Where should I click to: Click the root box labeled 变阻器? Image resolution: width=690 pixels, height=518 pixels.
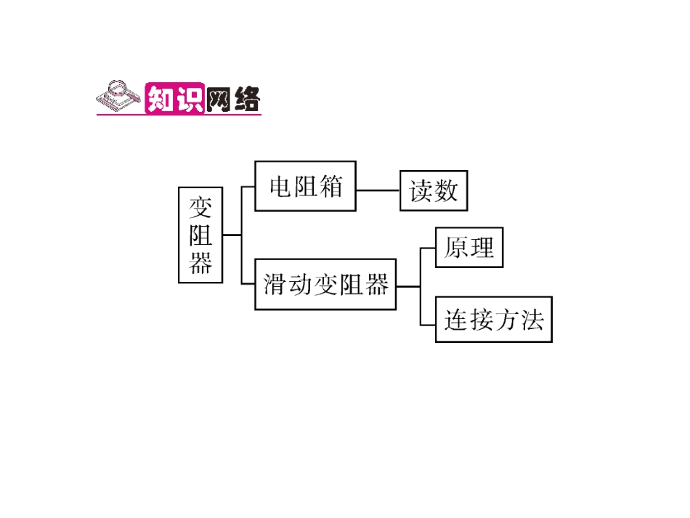coord(200,235)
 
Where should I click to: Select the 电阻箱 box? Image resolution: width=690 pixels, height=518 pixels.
coord(305,187)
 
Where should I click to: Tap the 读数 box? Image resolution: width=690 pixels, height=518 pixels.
coord(434,191)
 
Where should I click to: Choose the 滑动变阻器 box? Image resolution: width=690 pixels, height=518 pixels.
coord(325,285)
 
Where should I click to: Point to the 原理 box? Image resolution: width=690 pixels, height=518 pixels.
coord(468,248)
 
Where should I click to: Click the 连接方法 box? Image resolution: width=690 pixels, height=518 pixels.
coord(493,320)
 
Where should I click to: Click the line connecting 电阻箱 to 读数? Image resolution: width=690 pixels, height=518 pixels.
coord(378,190)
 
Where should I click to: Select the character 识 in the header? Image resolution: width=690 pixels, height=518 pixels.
coord(189,98)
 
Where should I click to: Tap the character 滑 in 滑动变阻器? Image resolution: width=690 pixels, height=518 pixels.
coord(275,285)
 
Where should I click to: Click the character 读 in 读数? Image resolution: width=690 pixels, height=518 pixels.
coord(421,191)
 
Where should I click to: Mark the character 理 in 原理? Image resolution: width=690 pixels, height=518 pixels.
coord(482,248)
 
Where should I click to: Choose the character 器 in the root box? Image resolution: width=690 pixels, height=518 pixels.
coord(200,262)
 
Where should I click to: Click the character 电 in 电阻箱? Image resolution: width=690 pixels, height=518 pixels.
coord(280,187)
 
